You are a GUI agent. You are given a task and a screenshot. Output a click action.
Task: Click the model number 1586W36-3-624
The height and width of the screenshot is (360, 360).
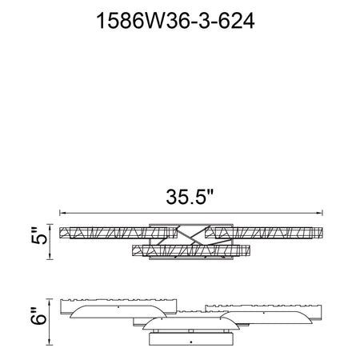[x=175, y=21]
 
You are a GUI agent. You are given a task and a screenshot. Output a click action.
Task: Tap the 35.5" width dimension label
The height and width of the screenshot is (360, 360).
[x=190, y=197]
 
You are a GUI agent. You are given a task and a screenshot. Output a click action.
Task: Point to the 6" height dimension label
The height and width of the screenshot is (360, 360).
[x=39, y=316]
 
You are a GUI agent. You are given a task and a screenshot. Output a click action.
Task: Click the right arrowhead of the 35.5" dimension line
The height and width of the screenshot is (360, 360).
[x=319, y=213]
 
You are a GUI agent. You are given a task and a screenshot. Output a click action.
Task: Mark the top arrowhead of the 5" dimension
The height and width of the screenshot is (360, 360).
[x=50, y=227]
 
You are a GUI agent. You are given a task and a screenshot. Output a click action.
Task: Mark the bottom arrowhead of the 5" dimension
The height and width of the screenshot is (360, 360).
[x=50, y=256]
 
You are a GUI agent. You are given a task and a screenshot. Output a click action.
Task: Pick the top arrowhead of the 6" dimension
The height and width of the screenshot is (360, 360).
[x=50, y=302]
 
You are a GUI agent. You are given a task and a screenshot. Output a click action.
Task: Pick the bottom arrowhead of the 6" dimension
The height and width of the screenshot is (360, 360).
[x=50, y=342]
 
